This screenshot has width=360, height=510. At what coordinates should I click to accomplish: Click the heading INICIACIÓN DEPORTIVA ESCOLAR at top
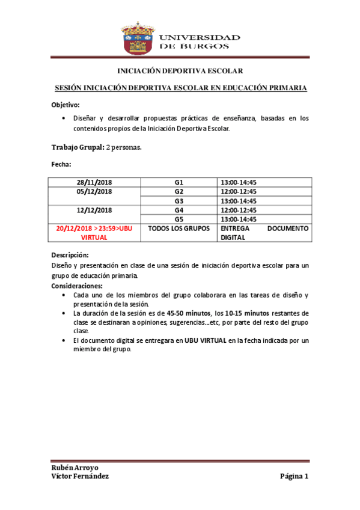pos(179,71)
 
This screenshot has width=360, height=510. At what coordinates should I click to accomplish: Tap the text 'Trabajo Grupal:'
pos(78,147)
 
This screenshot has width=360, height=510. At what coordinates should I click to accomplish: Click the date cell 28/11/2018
pos(94,182)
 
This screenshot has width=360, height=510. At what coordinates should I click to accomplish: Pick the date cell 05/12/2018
pos(94,191)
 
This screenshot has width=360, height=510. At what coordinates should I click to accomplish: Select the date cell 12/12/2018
pos(94,210)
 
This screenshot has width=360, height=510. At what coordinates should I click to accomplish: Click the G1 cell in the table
pos(178,182)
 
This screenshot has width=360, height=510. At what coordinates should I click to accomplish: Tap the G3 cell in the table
pos(178,201)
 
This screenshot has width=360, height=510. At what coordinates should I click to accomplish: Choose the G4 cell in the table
pos(178,210)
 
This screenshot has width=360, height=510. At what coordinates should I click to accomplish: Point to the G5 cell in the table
pos(178,220)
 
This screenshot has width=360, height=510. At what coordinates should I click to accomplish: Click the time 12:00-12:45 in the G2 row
pos(239,191)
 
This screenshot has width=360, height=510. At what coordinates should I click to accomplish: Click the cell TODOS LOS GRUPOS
pos(178,229)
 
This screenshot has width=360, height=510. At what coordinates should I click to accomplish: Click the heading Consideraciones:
pos(78,286)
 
